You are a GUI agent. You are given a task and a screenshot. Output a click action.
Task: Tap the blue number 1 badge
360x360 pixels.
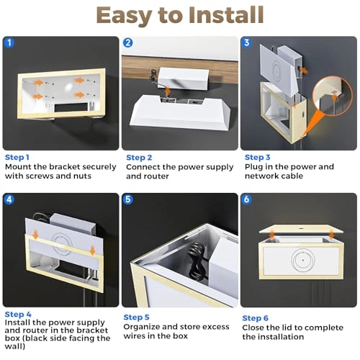click(x=9, y=42)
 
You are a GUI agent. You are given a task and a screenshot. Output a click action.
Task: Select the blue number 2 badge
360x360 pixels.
click(x=128, y=42)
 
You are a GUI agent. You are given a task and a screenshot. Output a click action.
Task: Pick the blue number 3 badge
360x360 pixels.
click(x=247, y=42)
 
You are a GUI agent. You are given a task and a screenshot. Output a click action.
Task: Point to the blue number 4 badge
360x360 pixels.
click(x=9, y=199)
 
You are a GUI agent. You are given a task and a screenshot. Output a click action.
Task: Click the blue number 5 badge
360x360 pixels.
click(x=128, y=199)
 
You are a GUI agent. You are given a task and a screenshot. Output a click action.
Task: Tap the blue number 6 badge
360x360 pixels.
click(x=247, y=199)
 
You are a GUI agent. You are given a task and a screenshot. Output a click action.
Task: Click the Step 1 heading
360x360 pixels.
click(x=17, y=157)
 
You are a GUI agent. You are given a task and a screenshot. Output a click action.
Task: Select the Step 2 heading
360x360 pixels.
click(x=139, y=158)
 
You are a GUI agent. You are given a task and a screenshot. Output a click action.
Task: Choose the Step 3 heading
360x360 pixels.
click(x=258, y=157)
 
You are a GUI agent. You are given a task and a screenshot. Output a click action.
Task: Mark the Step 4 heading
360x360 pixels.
click(x=17, y=314)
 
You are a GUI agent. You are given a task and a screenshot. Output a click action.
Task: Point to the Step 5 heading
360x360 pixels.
click(x=137, y=318)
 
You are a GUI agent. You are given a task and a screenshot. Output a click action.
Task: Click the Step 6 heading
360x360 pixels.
click(x=256, y=318)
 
